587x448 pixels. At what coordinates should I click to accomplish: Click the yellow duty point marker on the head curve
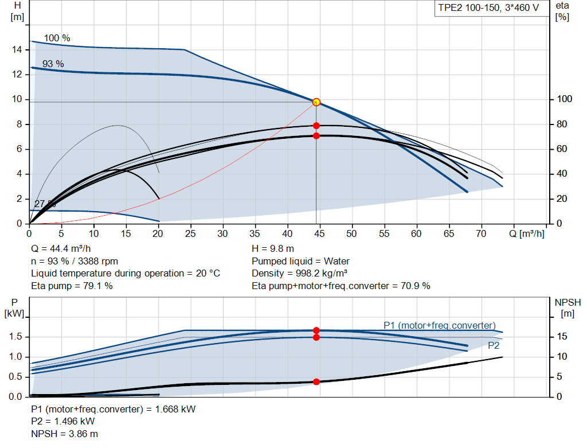pyautogui.click(x=316, y=102)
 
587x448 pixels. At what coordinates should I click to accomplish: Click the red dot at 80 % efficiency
pyautogui.click(x=316, y=126)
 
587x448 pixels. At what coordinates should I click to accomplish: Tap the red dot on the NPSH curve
pyautogui.click(x=316, y=381)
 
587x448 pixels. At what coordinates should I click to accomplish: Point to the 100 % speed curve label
pyautogui.click(x=57, y=38)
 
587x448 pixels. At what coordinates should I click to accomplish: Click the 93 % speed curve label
pyautogui.click(x=53, y=64)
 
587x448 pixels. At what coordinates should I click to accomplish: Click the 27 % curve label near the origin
pyautogui.click(x=45, y=204)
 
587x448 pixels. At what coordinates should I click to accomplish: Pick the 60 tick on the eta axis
pyautogui.click(x=562, y=149)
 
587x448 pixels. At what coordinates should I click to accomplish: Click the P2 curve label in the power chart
pyautogui.click(x=494, y=346)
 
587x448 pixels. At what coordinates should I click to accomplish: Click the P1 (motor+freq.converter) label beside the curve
pyautogui.click(x=440, y=326)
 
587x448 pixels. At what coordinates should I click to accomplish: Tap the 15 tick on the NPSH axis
pyautogui.click(x=562, y=337)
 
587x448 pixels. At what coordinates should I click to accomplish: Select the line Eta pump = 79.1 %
pyautogui.click(x=72, y=285)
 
